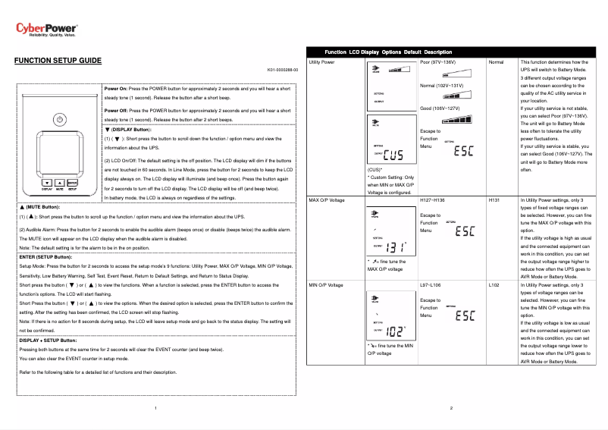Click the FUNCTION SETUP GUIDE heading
tap(58, 60)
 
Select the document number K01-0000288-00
tap(283, 69)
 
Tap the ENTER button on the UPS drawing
tap(72, 182)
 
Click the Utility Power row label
tap(323, 61)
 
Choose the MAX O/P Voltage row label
tap(328, 199)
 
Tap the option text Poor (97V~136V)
tap(437, 61)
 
